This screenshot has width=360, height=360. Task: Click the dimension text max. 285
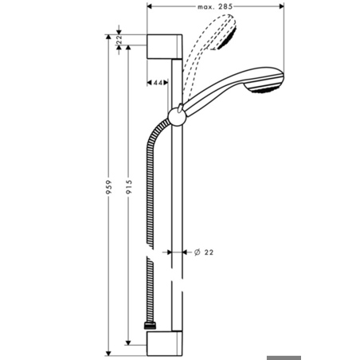215,6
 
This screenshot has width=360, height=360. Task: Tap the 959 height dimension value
108,187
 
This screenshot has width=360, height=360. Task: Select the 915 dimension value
129,186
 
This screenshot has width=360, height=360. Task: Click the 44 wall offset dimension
158,83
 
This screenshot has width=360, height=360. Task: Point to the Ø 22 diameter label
204,252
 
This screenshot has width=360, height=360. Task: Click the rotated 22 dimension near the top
119,39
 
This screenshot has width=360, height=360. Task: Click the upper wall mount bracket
164,46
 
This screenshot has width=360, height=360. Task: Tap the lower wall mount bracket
164,343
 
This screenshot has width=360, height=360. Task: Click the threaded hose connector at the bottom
151,326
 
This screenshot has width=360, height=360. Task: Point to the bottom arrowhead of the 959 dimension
108,354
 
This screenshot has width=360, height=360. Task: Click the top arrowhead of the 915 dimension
128,48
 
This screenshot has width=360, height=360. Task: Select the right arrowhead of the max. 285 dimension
281,6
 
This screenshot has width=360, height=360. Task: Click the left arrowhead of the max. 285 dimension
150,6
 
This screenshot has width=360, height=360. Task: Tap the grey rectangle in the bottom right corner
284,358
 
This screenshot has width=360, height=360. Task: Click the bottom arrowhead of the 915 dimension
128,342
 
